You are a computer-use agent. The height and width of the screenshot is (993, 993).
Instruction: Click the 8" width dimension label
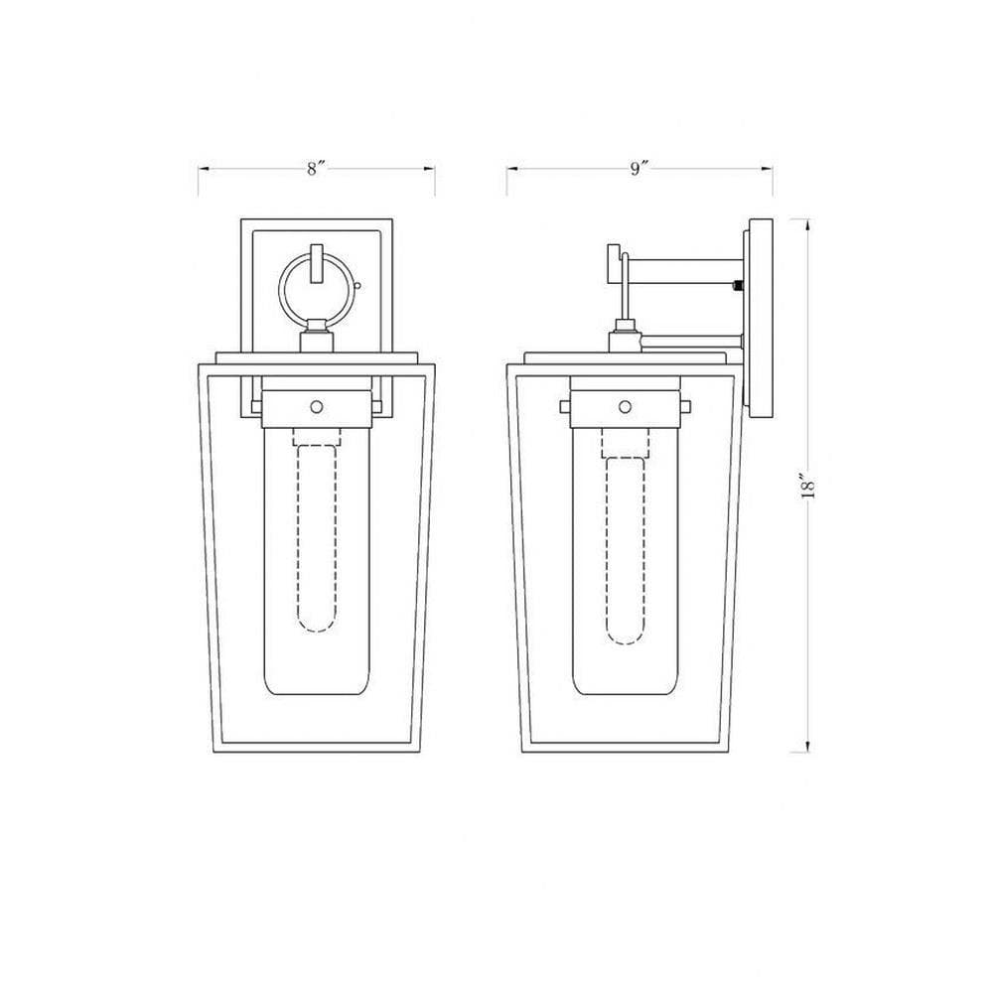[x=316, y=169]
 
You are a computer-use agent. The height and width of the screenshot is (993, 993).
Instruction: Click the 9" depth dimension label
[x=639, y=169]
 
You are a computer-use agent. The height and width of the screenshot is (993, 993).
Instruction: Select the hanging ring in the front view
[x=281, y=288]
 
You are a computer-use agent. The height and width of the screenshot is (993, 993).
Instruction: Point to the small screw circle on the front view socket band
[x=317, y=406]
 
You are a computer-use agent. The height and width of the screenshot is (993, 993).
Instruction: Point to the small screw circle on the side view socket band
[x=625, y=406]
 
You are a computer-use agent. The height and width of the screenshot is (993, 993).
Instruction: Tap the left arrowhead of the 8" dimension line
[x=204, y=169]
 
